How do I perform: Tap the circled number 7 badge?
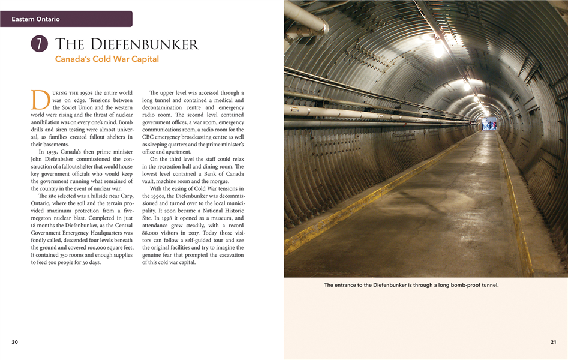coord(39,44)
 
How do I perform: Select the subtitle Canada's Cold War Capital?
coord(107,59)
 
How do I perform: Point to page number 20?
coord(14,342)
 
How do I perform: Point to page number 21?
coord(553,342)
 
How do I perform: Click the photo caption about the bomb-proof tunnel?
coord(411,285)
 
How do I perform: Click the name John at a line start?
coord(37,159)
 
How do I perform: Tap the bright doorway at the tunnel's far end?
coord(489,124)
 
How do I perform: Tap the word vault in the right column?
coord(149,181)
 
